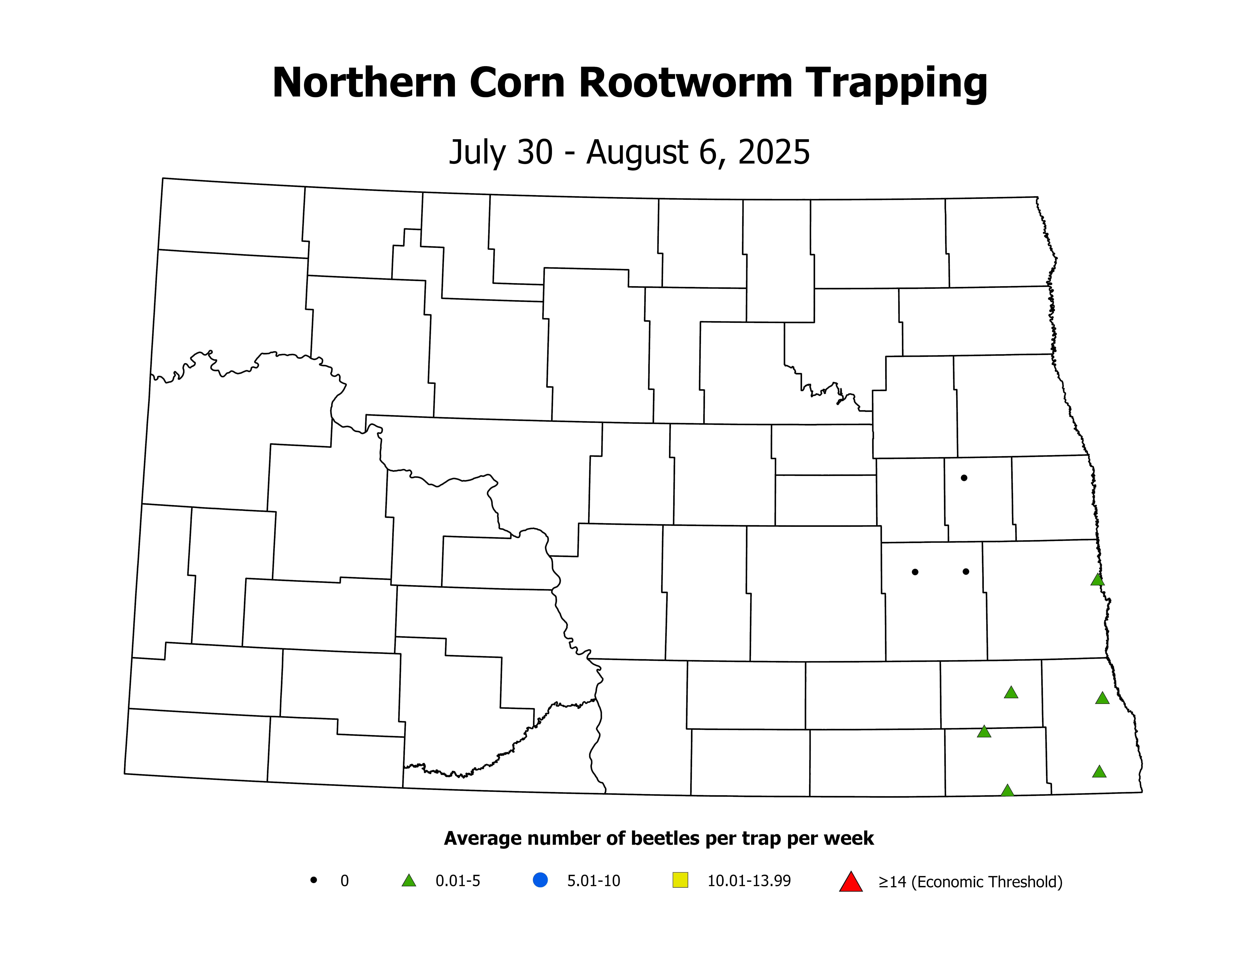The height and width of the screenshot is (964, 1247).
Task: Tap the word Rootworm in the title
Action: (x=685, y=83)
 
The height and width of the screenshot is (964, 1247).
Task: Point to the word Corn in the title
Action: (x=517, y=83)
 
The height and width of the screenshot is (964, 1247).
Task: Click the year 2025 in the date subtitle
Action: (x=774, y=153)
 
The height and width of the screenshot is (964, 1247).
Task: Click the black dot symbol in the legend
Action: (x=313, y=880)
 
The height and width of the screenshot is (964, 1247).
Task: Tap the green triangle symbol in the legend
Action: (x=409, y=881)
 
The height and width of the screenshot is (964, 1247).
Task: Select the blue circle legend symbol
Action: (x=540, y=880)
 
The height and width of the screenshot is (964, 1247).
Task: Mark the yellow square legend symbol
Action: (x=681, y=880)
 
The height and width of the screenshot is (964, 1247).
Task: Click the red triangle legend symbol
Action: (x=851, y=882)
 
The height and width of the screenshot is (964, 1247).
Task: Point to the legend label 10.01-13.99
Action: (x=749, y=881)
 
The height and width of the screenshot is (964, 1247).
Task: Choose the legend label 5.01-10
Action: (x=593, y=881)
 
